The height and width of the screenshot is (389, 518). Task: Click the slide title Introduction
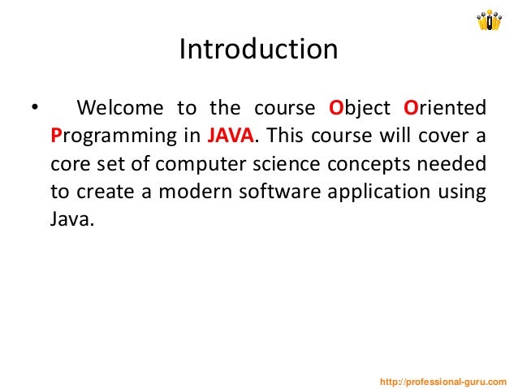[x=258, y=50]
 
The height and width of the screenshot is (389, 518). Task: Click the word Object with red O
[x=360, y=108]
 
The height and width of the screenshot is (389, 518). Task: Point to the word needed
[x=454, y=164]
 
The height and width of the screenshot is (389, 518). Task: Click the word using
[x=465, y=192]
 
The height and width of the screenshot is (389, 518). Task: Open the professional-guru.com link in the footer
[x=443, y=381]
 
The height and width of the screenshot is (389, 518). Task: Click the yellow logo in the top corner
[x=490, y=19]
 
